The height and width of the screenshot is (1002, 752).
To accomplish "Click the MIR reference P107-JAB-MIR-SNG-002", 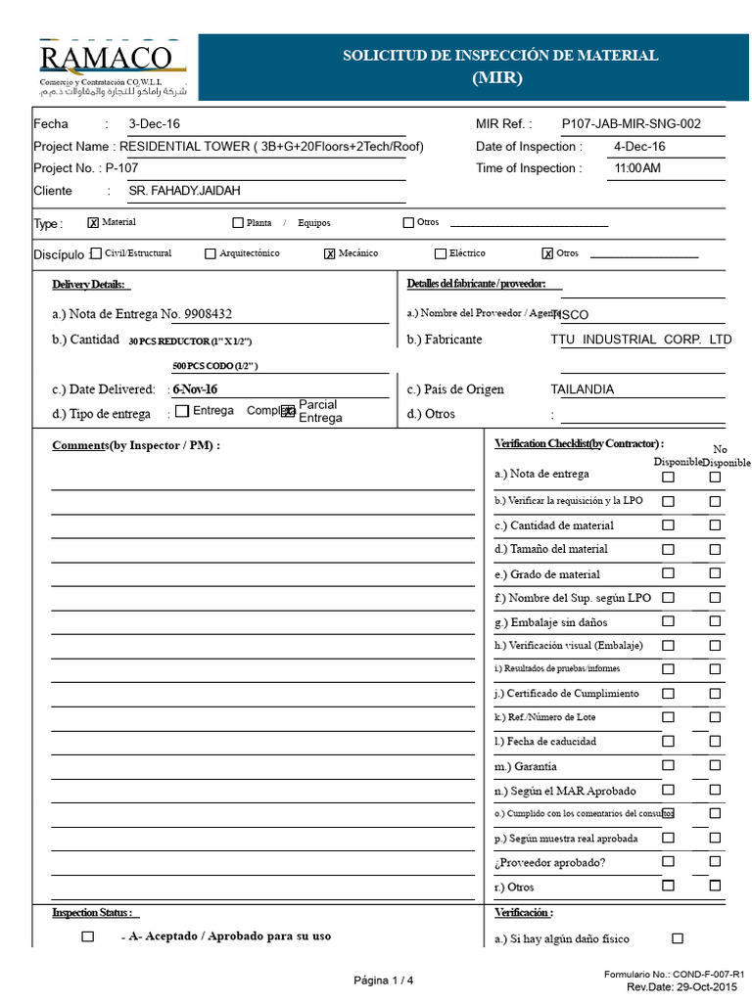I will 631,124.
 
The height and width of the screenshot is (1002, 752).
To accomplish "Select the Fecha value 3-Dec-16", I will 154,124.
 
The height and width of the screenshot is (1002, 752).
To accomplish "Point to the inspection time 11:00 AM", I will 636,168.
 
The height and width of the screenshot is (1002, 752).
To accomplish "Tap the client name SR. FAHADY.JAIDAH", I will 184,191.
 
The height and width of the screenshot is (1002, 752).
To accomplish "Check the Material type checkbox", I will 94,223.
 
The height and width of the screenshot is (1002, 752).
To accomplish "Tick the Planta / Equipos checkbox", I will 238,223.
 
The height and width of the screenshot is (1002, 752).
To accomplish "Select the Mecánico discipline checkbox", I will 330,253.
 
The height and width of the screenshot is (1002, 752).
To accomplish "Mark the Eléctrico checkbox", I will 440,253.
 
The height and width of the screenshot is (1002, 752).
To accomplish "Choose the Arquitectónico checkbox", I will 211,253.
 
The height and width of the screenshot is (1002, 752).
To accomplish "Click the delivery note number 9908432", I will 209,314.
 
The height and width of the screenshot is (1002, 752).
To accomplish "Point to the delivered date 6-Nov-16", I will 195,389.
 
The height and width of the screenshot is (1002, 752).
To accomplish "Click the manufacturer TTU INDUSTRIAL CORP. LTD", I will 640,340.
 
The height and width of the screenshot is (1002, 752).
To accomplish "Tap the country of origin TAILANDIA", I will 583,389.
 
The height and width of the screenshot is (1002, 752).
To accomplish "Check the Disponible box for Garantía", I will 668,765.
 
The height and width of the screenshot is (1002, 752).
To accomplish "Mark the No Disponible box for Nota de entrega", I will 715,478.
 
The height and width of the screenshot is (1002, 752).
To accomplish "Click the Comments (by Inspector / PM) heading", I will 136,445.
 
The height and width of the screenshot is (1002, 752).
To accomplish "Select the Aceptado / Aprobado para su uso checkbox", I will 88,936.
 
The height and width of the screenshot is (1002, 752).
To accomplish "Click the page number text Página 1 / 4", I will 384,980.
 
